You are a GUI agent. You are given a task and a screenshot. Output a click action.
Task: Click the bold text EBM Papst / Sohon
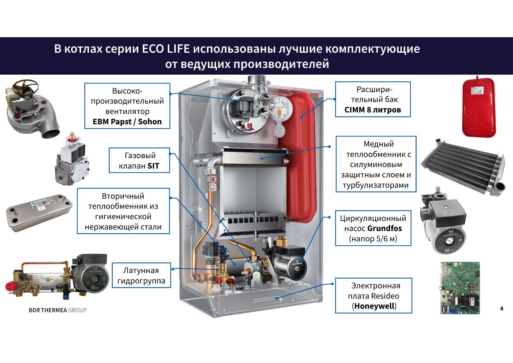127,122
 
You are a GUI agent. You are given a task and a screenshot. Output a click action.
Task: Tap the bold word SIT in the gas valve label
153,166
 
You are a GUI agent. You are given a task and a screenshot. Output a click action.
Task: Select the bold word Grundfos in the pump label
384,228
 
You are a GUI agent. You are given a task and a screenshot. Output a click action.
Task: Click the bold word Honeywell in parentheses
374,306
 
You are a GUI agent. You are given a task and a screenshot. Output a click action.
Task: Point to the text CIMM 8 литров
373,110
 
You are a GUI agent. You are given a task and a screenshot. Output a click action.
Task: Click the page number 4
501,309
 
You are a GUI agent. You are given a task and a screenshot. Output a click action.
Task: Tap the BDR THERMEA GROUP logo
58,310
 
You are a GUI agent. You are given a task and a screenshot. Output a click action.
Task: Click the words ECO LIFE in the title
166,49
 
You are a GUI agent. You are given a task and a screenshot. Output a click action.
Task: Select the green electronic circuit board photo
460,288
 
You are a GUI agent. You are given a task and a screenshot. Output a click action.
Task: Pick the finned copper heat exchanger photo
464,167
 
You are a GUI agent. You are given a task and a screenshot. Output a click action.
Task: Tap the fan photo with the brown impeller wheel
32,109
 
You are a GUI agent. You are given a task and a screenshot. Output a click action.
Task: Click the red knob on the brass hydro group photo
9,286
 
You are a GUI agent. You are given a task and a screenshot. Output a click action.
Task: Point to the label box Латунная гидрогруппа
141,275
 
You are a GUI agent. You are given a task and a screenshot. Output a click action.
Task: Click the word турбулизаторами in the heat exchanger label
376,185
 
